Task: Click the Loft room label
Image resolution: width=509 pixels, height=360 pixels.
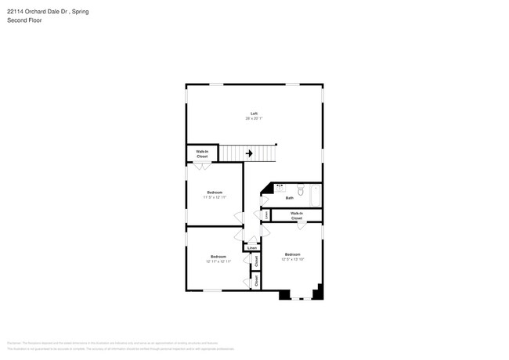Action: pyautogui.click(x=254, y=113)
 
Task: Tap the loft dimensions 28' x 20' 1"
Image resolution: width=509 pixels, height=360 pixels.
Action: pyautogui.click(x=254, y=119)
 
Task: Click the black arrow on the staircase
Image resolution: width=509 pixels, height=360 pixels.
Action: pyautogui.click(x=249, y=153)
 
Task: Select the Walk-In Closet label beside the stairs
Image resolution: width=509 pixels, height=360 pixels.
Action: pyautogui.click(x=202, y=154)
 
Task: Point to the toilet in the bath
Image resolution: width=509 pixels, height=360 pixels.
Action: pyautogui.click(x=300, y=189)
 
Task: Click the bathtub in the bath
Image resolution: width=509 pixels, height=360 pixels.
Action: pyautogui.click(x=316, y=195)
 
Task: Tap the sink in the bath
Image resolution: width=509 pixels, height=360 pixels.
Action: pyautogui.click(x=280, y=188)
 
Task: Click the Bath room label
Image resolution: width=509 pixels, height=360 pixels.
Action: pyautogui.click(x=289, y=198)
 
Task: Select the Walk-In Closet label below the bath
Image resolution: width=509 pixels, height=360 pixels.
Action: pyautogui.click(x=296, y=215)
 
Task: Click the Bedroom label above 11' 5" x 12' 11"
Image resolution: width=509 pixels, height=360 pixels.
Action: pyautogui.click(x=215, y=193)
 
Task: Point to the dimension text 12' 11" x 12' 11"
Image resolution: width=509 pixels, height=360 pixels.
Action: pyautogui.click(x=218, y=261)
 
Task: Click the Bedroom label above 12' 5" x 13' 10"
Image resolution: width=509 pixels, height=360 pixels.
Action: pyautogui.click(x=292, y=254)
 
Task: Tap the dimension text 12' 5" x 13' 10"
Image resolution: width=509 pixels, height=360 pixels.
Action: pyautogui.click(x=292, y=259)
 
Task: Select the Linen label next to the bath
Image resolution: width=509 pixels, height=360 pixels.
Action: pyautogui.click(x=266, y=214)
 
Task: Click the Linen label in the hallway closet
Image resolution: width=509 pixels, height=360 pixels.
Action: pyautogui.click(x=252, y=248)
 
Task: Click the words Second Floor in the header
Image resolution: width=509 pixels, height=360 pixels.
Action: pyautogui.click(x=24, y=20)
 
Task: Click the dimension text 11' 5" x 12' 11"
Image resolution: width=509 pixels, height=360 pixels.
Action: pyautogui.click(x=215, y=197)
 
